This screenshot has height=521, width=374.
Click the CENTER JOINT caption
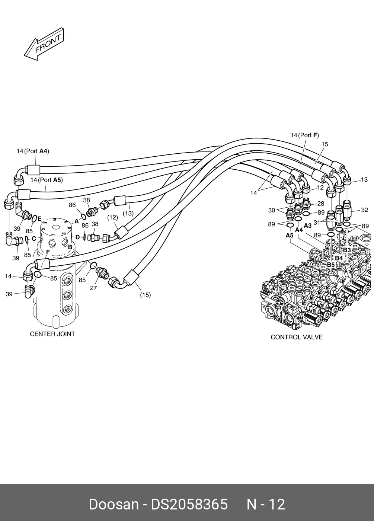tap(52, 334)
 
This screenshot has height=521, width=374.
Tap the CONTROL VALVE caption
tap(296, 337)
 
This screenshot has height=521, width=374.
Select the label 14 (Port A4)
tap(33, 151)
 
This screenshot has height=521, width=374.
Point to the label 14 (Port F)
tap(304, 135)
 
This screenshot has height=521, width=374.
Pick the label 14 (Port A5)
tap(47, 180)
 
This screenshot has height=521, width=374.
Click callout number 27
tap(93, 288)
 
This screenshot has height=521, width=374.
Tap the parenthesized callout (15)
tap(145, 295)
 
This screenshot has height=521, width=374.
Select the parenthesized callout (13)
tap(128, 214)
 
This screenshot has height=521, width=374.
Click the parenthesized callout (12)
tap(113, 217)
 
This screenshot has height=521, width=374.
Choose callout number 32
tap(364, 210)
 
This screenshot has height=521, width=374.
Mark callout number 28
tap(320, 204)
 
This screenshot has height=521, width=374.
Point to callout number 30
tap(272, 210)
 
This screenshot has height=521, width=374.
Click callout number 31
tap(317, 223)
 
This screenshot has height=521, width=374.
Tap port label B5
tap(331, 265)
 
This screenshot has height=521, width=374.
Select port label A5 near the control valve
tap(290, 235)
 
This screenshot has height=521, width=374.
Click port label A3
tap(307, 226)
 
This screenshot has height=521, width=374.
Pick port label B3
tap(347, 250)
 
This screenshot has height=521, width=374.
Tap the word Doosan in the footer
tap(114, 504)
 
